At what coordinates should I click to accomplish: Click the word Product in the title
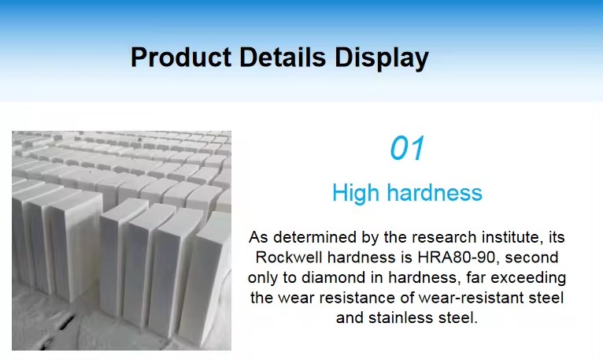(181, 57)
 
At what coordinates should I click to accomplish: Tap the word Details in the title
(283, 57)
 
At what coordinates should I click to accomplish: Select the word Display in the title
(382, 58)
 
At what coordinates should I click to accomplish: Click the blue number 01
(407, 148)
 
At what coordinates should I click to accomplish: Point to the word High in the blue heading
(356, 193)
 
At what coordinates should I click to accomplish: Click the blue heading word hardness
(435, 192)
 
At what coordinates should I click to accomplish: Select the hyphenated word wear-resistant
(471, 298)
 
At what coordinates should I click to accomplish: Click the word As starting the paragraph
(258, 237)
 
